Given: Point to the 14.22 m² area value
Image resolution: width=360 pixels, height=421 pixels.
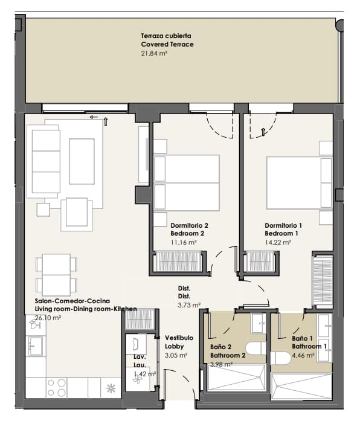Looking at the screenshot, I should pyautogui.click(x=278, y=242).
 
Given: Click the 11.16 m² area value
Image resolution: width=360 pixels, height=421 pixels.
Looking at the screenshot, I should pyautogui.click(x=184, y=242).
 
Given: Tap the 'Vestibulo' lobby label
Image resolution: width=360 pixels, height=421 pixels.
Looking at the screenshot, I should pyautogui.click(x=179, y=338).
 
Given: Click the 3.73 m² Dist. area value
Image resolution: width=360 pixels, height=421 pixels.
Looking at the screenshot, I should pyautogui.click(x=188, y=305).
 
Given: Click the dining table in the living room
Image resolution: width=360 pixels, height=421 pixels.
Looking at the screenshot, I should pyautogui.click(x=56, y=275).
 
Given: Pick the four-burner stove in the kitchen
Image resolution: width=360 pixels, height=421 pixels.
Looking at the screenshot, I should pyautogui.click(x=56, y=387).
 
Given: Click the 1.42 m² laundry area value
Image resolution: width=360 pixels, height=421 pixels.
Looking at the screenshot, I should pyautogui.click(x=144, y=374).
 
